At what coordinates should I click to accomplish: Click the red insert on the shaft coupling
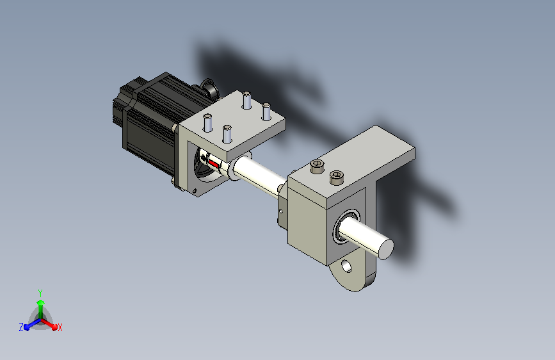214,163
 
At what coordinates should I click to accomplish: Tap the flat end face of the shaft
386,249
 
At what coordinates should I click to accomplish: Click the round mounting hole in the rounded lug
346,266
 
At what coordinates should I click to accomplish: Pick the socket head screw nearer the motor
317,166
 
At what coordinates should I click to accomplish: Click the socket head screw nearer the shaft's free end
336,177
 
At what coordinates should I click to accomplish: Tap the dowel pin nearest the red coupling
227,134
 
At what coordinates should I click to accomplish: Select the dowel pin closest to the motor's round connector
246,100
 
